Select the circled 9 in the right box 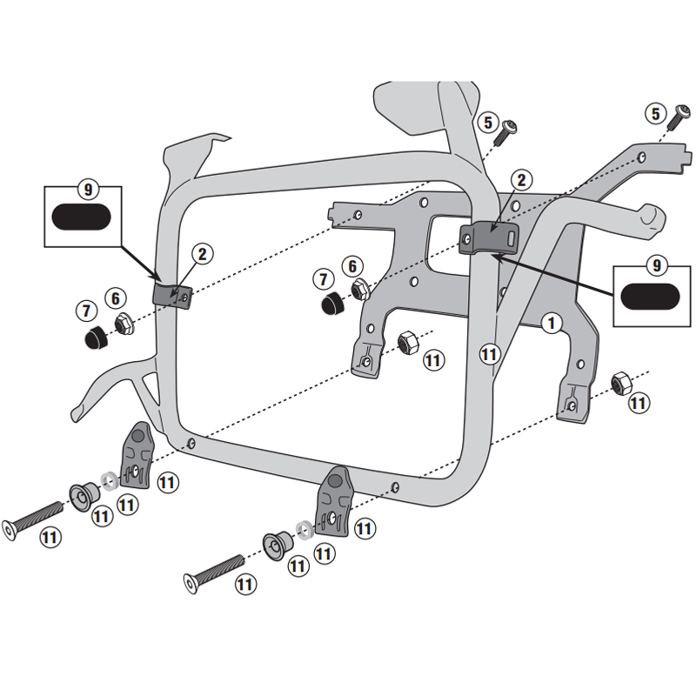tap(656, 264)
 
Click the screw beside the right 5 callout tap(677, 117)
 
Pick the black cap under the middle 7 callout tap(330, 304)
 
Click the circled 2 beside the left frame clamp tap(201, 255)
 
